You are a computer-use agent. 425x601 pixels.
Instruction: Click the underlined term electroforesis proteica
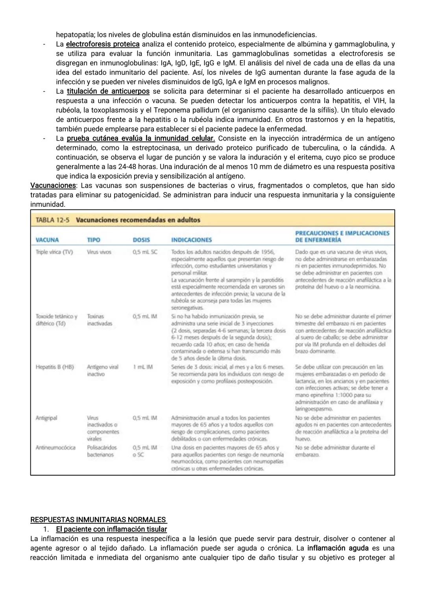[x=103, y=44]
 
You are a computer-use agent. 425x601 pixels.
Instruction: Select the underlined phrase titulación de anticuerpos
[x=108, y=91]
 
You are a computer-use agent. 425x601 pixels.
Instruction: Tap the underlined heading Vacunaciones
[x=53, y=185]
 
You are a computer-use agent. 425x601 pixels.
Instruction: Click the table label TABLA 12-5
[x=53, y=220]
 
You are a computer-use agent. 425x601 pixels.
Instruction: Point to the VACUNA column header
[x=47, y=240]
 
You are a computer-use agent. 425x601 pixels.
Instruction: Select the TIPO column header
[x=94, y=240]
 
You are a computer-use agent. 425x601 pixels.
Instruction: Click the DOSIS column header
[x=141, y=240]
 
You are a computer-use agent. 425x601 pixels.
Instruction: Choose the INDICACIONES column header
[x=191, y=240]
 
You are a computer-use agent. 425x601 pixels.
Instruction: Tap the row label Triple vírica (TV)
[x=54, y=252]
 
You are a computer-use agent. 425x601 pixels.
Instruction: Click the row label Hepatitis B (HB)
[x=55, y=367]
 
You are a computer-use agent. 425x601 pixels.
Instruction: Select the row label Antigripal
[x=46, y=418]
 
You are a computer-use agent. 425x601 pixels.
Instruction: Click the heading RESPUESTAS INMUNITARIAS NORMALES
[x=98, y=520]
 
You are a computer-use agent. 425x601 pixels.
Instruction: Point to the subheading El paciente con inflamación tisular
[x=111, y=529]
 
